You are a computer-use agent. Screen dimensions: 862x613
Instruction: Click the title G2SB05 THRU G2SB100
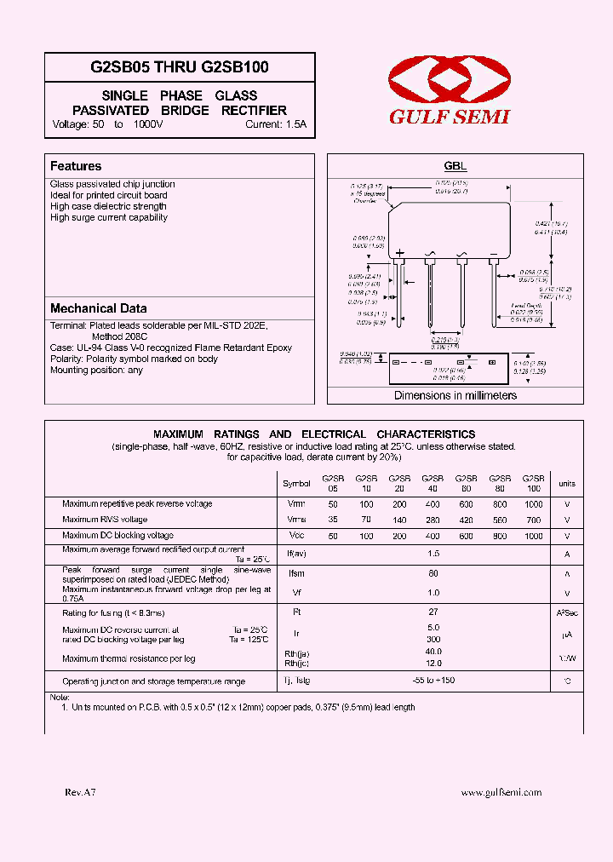tap(180, 66)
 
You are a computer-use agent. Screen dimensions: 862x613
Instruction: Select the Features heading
tap(76, 166)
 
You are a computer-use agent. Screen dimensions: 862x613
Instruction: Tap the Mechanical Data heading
tap(98, 308)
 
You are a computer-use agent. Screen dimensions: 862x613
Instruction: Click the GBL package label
tap(455, 167)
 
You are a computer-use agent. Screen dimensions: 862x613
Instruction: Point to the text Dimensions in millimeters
tap(455, 395)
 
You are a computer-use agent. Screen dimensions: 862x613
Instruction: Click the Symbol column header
tap(296, 484)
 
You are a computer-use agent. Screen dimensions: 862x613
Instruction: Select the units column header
tap(566, 484)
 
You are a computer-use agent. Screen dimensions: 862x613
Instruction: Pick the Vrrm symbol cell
tap(296, 504)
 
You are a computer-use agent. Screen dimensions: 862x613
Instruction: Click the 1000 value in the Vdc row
tap(533, 537)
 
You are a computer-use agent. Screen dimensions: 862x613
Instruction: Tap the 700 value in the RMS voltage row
tap(533, 520)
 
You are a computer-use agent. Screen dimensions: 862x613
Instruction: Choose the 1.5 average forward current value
tap(433, 554)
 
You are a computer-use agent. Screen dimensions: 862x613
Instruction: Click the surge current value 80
tap(433, 574)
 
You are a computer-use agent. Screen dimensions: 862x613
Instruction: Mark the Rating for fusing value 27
tap(433, 612)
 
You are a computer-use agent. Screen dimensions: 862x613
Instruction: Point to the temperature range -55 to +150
tap(433, 681)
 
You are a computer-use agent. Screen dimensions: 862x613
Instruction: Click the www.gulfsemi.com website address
tap(501, 792)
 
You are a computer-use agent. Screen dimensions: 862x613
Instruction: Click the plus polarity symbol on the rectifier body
tap(399, 253)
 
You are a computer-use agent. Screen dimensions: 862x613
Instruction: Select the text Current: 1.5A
tap(275, 124)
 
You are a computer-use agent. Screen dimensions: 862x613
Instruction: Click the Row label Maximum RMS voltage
tap(105, 520)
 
